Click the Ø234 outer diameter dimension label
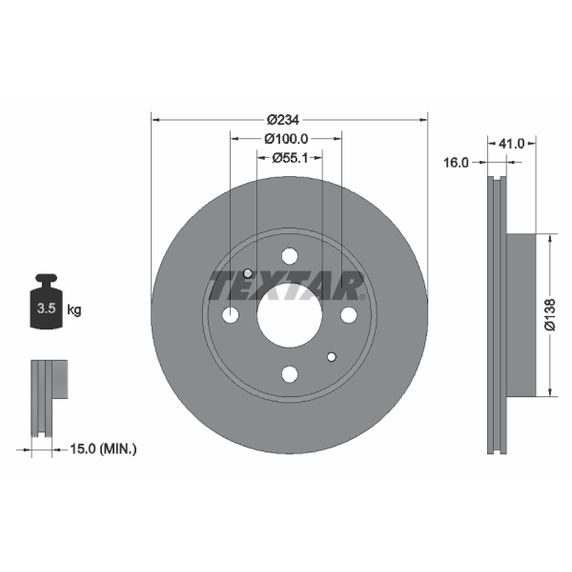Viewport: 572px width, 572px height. click(x=282, y=119)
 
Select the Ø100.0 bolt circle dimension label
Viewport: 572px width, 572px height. click(x=287, y=139)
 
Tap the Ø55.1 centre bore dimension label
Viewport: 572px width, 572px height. click(x=290, y=158)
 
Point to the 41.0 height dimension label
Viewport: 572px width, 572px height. click(x=511, y=144)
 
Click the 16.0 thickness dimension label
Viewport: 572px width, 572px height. click(x=455, y=163)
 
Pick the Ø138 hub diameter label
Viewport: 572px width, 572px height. click(x=550, y=315)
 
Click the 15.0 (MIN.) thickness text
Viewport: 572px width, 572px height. click(x=103, y=449)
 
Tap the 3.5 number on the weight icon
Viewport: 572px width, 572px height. click(x=46, y=308)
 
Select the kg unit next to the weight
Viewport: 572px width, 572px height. click(x=74, y=310)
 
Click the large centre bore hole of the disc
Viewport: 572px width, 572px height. click(x=290, y=315)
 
